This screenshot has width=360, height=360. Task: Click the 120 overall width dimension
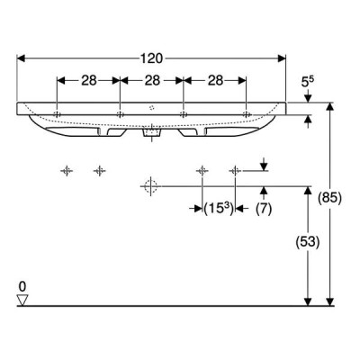click(151, 58)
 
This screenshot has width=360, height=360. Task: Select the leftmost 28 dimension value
click(89, 80)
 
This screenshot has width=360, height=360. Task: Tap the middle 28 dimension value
click(152, 80)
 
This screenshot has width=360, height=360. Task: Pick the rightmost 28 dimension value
click(215, 80)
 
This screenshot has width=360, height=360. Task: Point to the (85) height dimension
click(330, 198)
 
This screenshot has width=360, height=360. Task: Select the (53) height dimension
click(308, 242)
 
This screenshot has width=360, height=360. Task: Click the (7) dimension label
click(264, 209)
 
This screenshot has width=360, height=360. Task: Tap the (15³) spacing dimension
click(219, 209)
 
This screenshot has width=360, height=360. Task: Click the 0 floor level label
click(22, 287)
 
